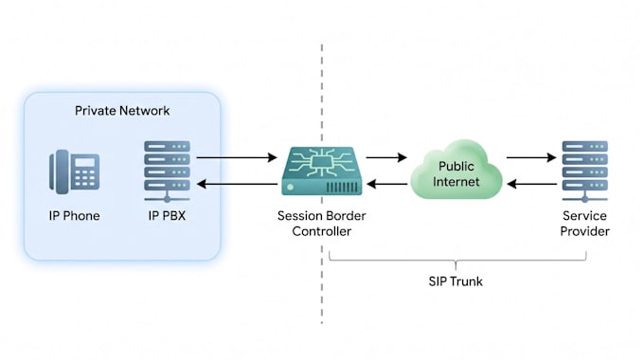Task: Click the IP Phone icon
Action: point(74,171)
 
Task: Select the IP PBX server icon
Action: point(167,171)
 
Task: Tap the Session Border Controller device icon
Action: point(322,171)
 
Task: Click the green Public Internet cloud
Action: point(456,171)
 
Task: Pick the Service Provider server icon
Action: point(585,171)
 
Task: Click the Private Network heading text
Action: point(122,111)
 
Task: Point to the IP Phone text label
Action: point(74,216)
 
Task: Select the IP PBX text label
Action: point(167,216)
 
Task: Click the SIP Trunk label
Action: point(456,281)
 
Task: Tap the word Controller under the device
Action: point(322,231)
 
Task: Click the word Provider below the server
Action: point(585,231)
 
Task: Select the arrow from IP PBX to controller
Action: point(237,157)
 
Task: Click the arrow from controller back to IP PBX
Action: point(237,184)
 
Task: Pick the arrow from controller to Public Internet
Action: point(386,157)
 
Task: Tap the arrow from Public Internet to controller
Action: point(386,184)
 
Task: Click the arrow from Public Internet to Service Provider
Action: point(531,157)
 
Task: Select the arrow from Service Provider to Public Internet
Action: point(532,184)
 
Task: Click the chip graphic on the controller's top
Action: point(322,162)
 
